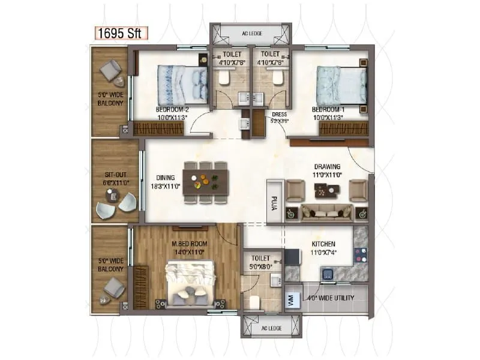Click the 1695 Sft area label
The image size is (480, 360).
[x=120, y=33]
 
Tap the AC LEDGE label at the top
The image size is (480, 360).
[x=251, y=34]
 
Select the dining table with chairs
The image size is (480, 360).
[x=206, y=178]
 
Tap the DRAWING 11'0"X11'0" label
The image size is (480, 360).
[x=327, y=170]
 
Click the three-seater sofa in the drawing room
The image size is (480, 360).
[x=327, y=211]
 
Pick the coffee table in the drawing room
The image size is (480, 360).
[x=327, y=190]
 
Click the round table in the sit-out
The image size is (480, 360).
[x=112, y=195]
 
